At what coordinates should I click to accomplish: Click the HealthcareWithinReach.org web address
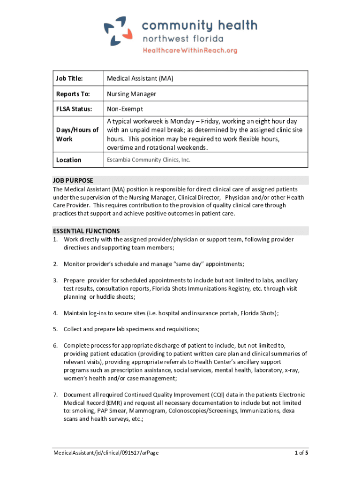click(x=190, y=50)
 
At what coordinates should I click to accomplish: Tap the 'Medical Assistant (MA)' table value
click(x=140, y=78)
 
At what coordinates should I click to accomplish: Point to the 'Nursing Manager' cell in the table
click(x=131, y=94)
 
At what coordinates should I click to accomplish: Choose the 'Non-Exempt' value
click(x=125, y=109)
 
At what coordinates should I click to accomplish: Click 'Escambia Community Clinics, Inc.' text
click(x=149, y=160)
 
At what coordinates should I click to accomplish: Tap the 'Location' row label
click(x=68, y=160)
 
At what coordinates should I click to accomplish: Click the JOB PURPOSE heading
click(x=73, y=180)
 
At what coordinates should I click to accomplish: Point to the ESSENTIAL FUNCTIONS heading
click(x=86, y=231)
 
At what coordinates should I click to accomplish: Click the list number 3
click(x=55, y=280)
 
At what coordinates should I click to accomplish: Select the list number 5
click(x=55, y=329)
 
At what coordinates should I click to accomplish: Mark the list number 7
click(x=55, y=395)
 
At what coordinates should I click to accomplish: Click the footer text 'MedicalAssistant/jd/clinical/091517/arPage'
click(x=108, y=453)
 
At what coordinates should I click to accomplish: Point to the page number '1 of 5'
click(x=301, y=453)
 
